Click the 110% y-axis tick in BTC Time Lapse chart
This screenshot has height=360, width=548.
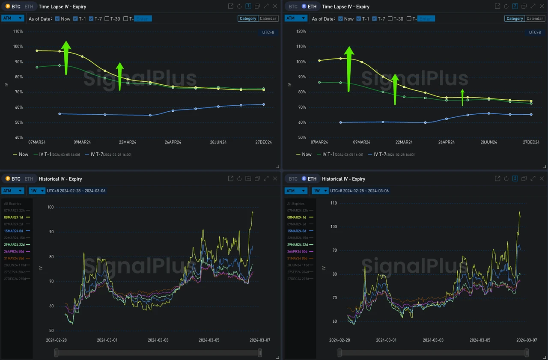coord(18,32)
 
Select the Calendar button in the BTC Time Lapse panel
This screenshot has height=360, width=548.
coord(268,18)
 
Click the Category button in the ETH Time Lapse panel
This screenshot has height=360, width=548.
coord(514,18)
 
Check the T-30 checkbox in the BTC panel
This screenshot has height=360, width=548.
coord(107,19)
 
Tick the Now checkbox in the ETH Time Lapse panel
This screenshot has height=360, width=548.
coord(341,19)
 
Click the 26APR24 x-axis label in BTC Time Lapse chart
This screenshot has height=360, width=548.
coord(173,142)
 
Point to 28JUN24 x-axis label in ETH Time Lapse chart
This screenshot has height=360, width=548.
coord(489,142)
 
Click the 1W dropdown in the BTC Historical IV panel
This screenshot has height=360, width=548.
coord(37,191)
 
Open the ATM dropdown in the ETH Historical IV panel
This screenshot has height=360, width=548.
coord(296,191)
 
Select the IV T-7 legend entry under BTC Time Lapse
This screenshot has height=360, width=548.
coord(108,155)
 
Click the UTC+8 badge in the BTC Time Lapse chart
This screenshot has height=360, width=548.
coord(268,33)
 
